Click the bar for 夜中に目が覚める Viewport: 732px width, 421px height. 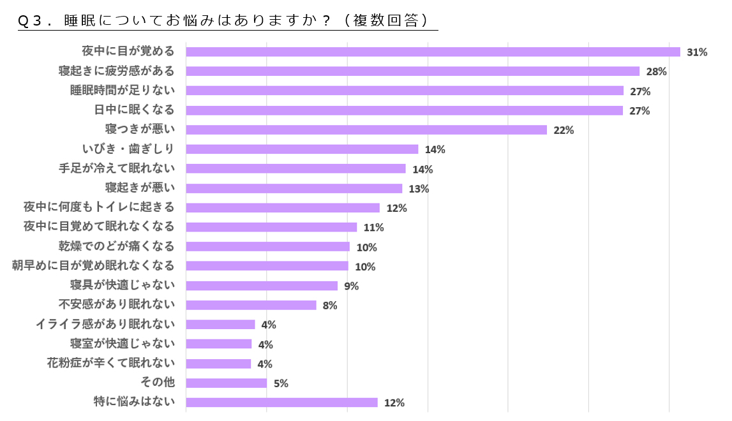point(433,52)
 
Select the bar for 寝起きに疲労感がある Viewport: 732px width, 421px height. point(412,71)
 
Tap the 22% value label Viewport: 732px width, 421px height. point(564,130)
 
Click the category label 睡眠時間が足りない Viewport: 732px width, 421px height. point(122,91)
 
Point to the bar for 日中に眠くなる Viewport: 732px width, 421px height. point(404,110)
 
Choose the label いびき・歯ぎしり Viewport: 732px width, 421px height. point(128,149)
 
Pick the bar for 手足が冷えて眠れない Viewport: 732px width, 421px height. point(295,169)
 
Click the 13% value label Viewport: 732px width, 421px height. point(419,189)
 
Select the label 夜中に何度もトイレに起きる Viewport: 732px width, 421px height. point(99,207)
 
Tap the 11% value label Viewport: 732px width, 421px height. point(373,228)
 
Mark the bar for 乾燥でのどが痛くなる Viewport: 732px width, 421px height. point(267,247)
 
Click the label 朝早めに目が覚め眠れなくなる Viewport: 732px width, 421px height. point(93,266)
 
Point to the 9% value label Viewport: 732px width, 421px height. point(351,286)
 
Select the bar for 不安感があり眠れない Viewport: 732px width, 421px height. point(251,305)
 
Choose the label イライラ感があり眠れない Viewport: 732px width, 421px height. point(105,324)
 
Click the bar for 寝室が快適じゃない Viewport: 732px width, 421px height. point(219,344)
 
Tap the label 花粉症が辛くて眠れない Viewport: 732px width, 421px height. point(111,364)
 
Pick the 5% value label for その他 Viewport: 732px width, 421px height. point(281,383)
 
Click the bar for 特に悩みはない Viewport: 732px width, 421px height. point(281,403)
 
